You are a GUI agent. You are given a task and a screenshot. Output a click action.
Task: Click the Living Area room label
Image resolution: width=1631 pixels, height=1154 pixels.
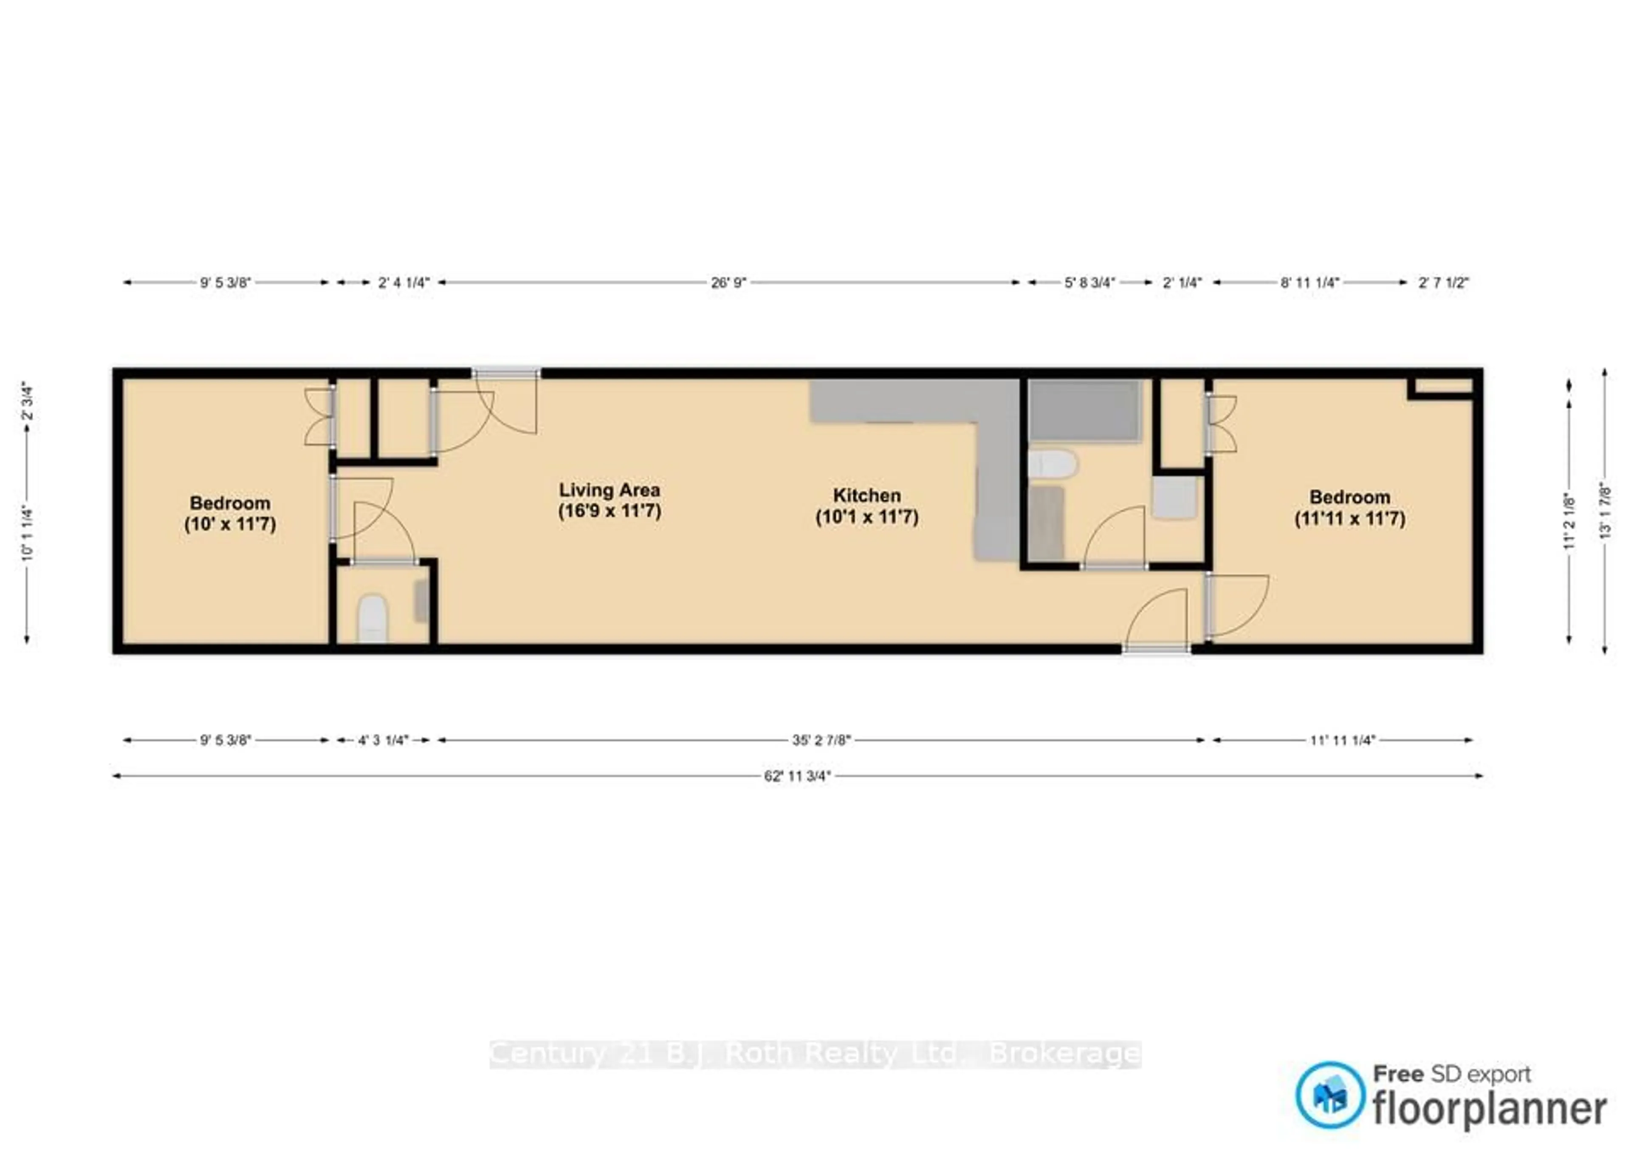pos(610,500)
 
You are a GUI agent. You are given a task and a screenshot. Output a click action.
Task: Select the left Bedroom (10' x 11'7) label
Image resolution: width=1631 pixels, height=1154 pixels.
pos(230,513)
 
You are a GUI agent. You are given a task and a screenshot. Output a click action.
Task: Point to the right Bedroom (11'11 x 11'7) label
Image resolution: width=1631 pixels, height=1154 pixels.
pos(1350,507)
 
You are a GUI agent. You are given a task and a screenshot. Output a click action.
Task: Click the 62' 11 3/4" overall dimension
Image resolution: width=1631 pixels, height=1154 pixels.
pos(797,776)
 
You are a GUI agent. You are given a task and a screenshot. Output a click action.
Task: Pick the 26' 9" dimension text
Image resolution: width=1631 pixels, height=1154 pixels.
pos(729,283)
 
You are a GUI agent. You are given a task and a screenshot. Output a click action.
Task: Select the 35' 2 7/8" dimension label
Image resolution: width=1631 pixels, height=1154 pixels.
pos(821,741)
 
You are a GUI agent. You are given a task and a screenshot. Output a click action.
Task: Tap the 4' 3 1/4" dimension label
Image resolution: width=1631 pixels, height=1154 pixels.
pos(383,741)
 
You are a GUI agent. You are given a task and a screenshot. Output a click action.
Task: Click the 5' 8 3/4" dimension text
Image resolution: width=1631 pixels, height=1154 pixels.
pos(1090,283)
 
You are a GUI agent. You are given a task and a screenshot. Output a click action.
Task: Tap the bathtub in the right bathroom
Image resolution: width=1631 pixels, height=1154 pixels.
pos(1084,411)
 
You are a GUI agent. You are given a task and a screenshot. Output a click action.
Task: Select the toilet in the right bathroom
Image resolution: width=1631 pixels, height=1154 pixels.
pos(1053,463)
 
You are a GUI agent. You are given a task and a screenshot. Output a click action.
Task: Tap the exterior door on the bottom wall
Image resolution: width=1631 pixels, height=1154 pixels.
pos(1157,648)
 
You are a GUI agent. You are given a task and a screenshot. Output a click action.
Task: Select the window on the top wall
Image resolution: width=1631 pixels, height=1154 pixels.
pos(506,372)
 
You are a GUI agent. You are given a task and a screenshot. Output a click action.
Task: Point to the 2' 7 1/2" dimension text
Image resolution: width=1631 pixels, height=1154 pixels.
pos(1443,283)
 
